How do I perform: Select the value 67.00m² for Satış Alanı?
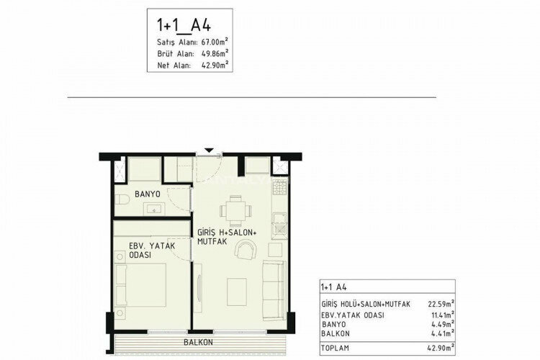tap(210, 42)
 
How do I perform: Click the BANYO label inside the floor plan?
tap(147, 195)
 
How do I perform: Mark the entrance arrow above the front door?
tap(209, 150)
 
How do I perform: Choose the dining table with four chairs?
tap(235, 211)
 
